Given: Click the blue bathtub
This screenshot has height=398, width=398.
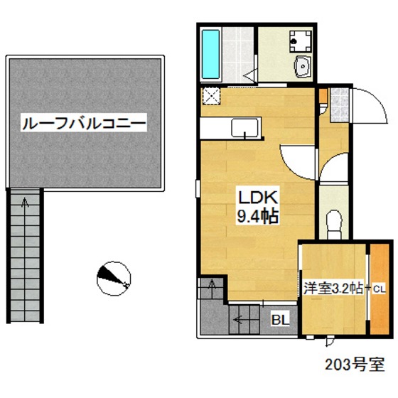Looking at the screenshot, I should click(x=211, y=53).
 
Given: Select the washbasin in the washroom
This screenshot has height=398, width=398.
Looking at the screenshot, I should click(x=302, y=68).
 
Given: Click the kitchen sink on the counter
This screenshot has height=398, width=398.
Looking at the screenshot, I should click(x=245, y=128).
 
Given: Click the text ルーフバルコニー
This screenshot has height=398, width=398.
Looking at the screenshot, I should click(x=84, y=124).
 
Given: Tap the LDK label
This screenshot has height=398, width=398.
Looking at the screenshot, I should click(x=251, y=197).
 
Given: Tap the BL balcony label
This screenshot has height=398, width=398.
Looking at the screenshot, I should click(x=280, y=319).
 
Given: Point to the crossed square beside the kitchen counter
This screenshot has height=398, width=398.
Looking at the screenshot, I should click(x=212, y=97).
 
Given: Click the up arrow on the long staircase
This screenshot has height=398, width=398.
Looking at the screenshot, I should click(x=26, y=205).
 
